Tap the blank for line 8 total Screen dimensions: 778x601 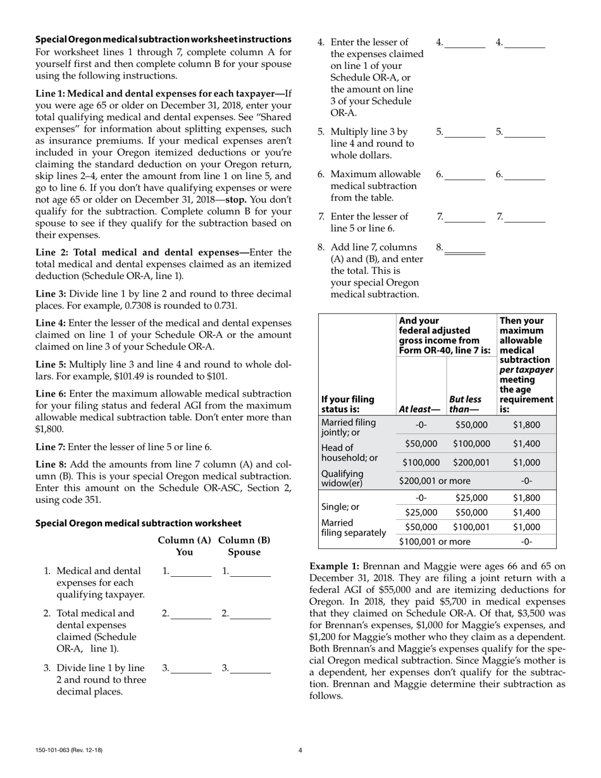[x=465, y=249]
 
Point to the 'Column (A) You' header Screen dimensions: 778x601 [x=184, y=546]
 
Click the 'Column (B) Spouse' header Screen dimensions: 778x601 [x=244, y=546]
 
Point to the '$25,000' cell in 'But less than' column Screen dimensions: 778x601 [x=471, y=498]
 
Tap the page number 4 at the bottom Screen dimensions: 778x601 [x=300, y=750]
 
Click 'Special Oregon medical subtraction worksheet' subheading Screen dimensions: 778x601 [x=138, y=523]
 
